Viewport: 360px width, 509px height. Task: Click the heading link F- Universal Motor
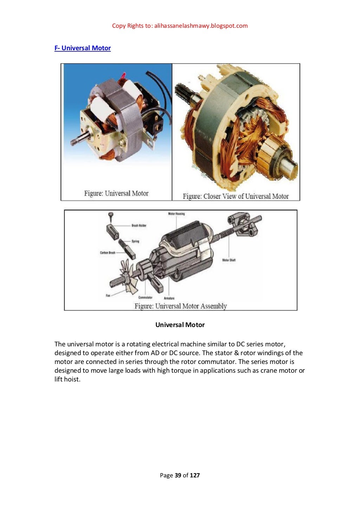(x=83, y=48)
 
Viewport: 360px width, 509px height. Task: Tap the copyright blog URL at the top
(x=201, y=26)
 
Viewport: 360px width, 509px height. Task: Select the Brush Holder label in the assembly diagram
(x=139, y=226)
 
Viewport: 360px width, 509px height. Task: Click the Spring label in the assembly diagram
(x=135, y=241)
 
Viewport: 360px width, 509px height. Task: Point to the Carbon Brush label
(x=108, y=253)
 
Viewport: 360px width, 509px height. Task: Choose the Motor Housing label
(x=176, y=214)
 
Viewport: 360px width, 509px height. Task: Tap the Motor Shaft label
(x=229, y=260)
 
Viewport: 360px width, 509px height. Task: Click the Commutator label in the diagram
(x=145, y=298)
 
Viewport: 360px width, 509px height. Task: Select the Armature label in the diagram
(x=169, y=298)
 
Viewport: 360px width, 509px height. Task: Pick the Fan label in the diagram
(x=108, y=295)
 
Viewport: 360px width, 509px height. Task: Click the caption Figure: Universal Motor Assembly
(x=180, y=306)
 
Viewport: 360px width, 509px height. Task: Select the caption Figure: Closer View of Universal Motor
(x=236, y=196)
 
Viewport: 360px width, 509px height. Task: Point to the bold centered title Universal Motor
(x=180, y=325)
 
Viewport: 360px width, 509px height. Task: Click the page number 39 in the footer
(x=178, y=475)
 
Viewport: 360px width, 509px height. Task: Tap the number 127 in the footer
(x=195, y=475)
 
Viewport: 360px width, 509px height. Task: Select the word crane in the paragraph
(x=269, y=371)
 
